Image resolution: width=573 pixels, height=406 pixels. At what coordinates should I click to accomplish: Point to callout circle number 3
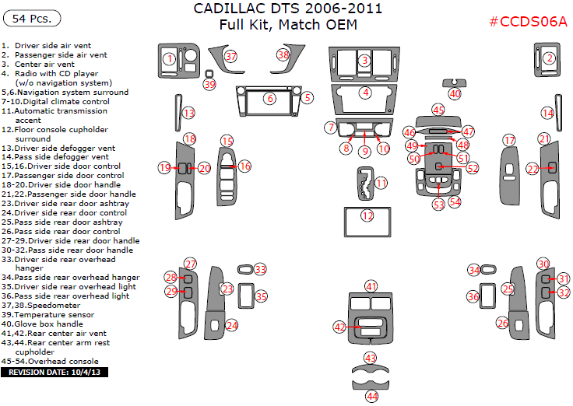click(364, 60)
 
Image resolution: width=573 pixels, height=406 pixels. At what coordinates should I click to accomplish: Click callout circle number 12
click(367, 215)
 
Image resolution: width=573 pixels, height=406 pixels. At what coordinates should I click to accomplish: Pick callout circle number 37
click(230, 56)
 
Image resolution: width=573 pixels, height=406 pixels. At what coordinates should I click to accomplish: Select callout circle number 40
click(455, 93)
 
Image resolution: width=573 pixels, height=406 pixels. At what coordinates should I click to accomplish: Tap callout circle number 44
click(372, 396)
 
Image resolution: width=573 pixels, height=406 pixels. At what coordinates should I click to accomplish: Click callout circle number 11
click(381, 183)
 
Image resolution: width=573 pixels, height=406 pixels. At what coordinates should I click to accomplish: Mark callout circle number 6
click(269, 99)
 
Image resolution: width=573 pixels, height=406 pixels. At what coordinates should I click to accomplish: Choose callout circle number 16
click(244, 166)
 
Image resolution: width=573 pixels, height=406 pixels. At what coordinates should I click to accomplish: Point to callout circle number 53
click(438, 204)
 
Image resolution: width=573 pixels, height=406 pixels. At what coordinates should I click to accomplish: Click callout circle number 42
click(339, 327)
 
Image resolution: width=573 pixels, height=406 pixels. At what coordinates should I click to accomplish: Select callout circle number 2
click(549, 58)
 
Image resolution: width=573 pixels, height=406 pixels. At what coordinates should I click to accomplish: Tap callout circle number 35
click(261, 296)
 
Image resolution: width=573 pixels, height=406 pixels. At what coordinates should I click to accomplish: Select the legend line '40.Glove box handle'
click(44, 324)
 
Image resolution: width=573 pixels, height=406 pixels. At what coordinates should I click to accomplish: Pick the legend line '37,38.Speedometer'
click(41, 305)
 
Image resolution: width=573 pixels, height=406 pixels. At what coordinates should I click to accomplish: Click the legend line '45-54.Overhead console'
click(50, 361)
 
